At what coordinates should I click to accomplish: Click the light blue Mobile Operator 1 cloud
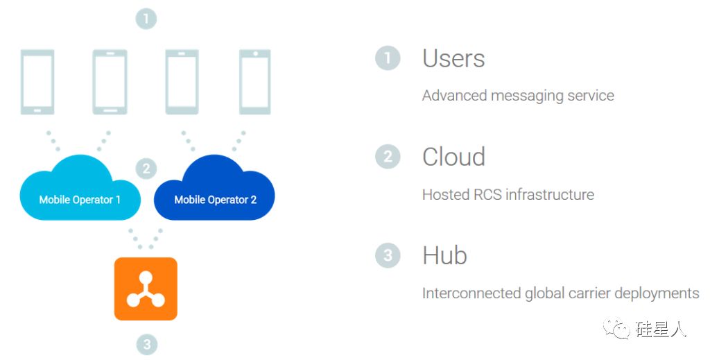(x=80, y=190)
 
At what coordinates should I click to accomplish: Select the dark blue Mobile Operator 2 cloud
(x=214, y=190)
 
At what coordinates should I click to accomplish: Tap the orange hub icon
(x=146, y=289)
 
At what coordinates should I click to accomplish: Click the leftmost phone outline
(x=37, y=82)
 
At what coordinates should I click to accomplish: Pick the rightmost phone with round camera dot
(x=255, y=82)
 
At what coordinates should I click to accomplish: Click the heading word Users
(x=453, y=58)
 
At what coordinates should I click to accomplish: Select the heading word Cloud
(x=453, y=157)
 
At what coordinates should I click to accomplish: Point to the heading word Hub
(x=444, y=255)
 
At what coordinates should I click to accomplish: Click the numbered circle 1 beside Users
(x=388, y=58)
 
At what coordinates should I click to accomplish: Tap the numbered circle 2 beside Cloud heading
(x=388, y=157)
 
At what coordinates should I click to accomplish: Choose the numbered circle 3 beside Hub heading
(x=388, y=255)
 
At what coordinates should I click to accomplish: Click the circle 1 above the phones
(x=146, y=19)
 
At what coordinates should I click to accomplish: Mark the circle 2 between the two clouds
(x=146, y=169)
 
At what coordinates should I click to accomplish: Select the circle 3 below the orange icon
(x=147, y=345)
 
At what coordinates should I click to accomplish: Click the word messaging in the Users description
(x=527, y=96)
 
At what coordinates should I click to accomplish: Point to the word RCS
(x=487, y=195)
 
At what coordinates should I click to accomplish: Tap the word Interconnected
(x=471, y=293)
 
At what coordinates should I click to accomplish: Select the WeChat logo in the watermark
(x=616, y=328)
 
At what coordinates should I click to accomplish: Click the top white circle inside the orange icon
(x=146, y=277)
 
